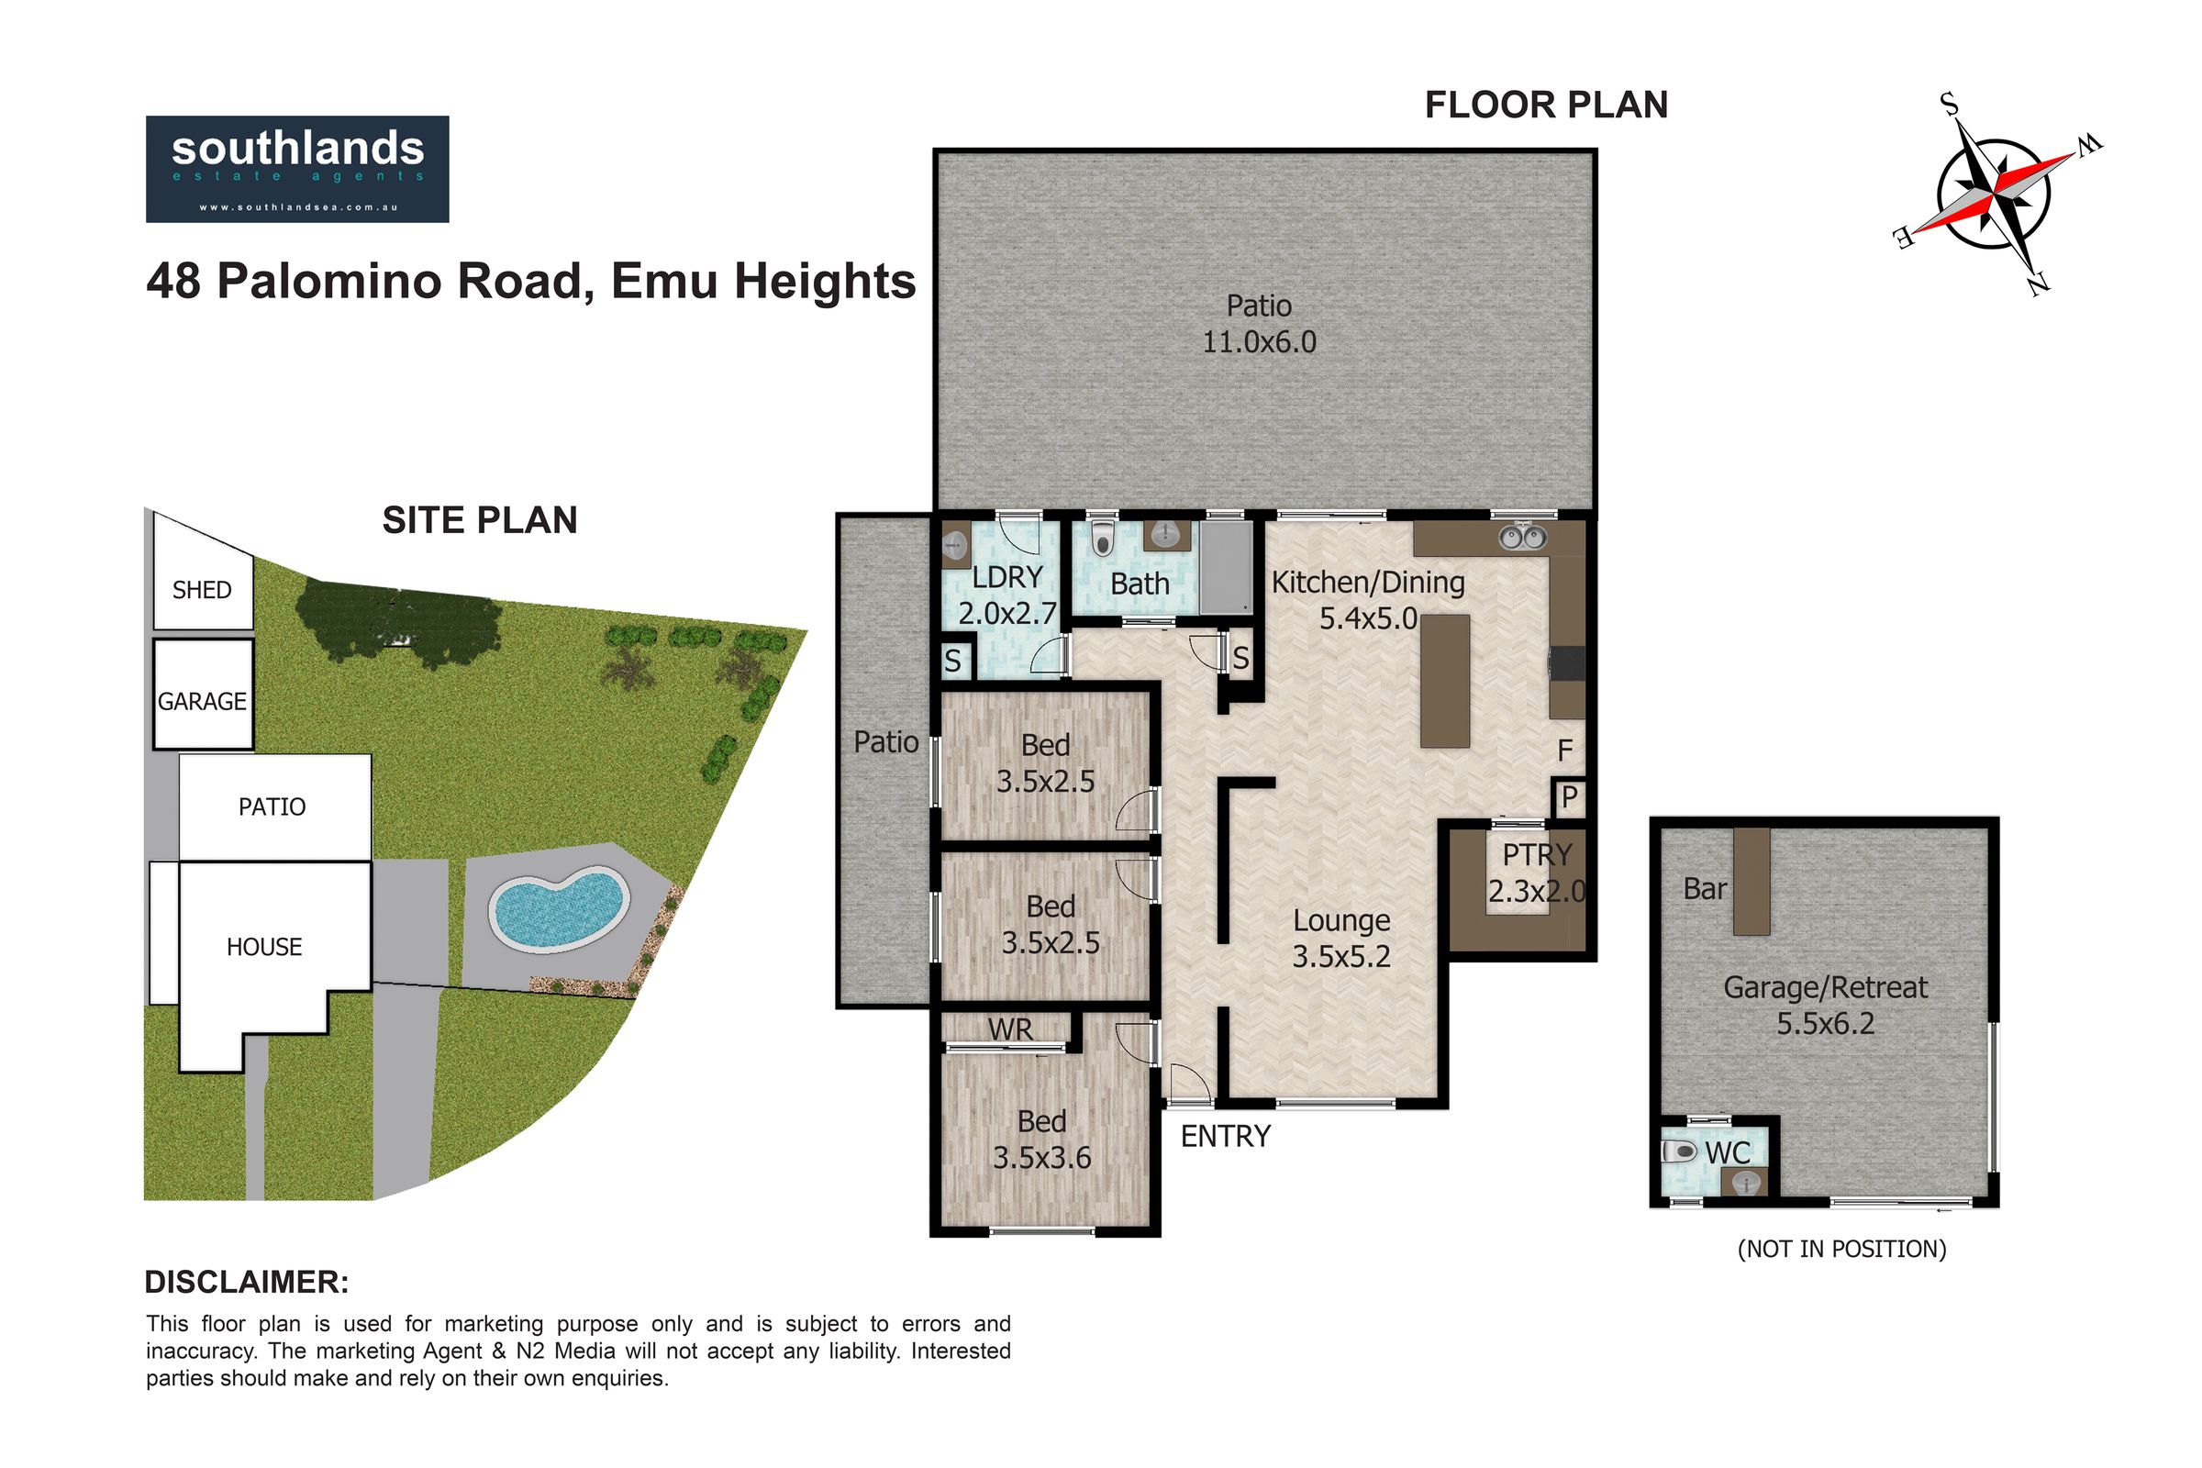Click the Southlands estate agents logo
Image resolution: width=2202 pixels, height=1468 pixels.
[x=296, y=169]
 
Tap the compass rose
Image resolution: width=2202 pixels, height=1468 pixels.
[x=1996, y=194]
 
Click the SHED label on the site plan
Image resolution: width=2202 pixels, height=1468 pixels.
[x=202, y=590]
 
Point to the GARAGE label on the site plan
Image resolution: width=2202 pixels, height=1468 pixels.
[x=202, y=701]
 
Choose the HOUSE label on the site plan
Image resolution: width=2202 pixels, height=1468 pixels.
[x=264, y=947]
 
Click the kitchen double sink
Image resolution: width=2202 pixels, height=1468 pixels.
[x=1522, y=538]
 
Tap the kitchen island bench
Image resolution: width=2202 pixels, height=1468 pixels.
[x=1444, y=681]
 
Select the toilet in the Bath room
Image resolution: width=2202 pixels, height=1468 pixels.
[x=1104, y=539]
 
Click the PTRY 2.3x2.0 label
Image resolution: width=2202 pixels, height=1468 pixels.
[x=1538, y=873]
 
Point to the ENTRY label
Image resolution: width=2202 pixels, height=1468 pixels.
[x=1226, y=1136]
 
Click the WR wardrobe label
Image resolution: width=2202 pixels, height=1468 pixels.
[x=1010, y=1029]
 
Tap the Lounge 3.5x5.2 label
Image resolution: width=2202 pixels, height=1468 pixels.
[x=1341, y=938]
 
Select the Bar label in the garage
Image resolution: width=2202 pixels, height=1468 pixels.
[x=1705, y=888]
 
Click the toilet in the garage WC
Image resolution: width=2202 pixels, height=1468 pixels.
[x=1680, y=1151]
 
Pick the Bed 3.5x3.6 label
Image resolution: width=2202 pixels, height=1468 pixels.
[x=1042, y=1140]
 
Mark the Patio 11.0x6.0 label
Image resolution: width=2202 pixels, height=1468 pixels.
[x=1259, y=323]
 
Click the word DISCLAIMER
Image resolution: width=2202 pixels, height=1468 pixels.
[x=246, y=1282]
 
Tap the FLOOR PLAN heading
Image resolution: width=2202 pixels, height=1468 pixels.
[x=1547, y=105]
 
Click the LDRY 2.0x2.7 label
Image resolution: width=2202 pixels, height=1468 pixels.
[x=1007, y=595]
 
